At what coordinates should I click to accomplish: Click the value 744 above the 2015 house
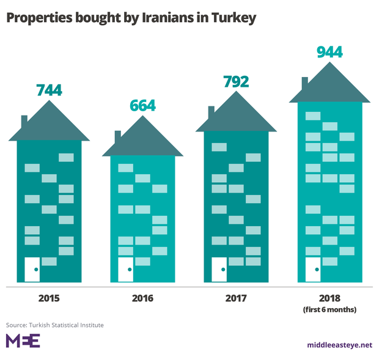(x=49, y=90)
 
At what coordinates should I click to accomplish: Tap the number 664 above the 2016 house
(x=143, y=105)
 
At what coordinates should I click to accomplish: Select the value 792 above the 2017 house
(x=235, y=81)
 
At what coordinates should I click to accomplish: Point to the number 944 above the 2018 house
(x=329, y=53)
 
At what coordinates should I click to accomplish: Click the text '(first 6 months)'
(x=329, y=310)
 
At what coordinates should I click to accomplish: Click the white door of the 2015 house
(x=32, y=270)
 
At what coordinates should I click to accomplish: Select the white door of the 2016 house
(x=126, y=270)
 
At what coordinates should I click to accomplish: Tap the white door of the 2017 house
(x=219, y=270)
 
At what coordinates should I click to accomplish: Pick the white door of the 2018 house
(x=313, y=270)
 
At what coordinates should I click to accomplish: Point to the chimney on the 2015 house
(x=24, y=121)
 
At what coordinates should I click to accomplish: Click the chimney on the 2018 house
(x=305, y=83)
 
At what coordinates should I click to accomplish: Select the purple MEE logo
(x=23, y=341)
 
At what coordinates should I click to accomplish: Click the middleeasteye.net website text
(x=339, y=345)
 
